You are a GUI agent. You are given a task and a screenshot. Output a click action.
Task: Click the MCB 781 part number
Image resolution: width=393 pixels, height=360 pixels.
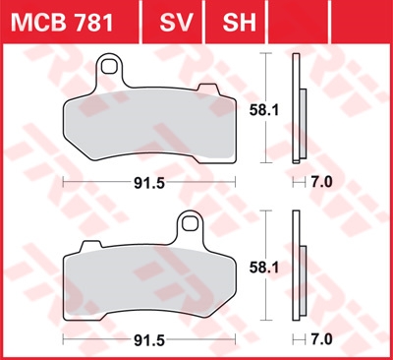coord(62,23)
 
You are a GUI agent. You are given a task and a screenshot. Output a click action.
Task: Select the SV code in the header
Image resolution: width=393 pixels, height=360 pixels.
coord(176,23)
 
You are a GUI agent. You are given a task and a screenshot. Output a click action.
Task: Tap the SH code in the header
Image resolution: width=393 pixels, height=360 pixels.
coord(239,23)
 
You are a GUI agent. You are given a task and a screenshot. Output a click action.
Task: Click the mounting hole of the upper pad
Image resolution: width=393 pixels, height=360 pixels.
coord(109,67)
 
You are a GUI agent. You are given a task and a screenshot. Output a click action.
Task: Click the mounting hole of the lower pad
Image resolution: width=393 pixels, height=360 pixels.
coord(191,223)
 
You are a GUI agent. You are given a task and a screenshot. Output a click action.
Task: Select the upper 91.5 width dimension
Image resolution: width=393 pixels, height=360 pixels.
coord(149,183)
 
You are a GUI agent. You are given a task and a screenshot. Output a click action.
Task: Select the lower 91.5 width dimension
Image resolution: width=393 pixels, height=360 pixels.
coord(149,340)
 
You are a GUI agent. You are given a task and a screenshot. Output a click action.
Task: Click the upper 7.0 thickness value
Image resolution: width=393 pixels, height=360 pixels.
coord(321,182)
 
